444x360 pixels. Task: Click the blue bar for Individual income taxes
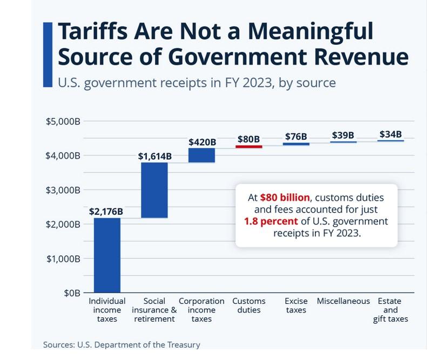click(107, 255)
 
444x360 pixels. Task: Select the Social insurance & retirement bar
click(154, 190)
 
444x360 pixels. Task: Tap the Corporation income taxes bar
click(201, 155)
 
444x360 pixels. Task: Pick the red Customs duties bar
click(249, 146)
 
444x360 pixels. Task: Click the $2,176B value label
click(106, 212)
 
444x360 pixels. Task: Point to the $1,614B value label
click(154, 156)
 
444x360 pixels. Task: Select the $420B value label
click(202, 142)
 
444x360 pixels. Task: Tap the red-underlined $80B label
click(248, 139)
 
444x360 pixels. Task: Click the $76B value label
click(296, 137)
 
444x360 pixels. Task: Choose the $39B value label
click(343, 135)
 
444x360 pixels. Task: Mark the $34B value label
click(390, 134)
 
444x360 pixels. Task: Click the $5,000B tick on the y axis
click(63, 121)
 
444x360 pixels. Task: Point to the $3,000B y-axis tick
click(63, 190)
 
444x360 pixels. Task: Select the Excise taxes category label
click(296, 305)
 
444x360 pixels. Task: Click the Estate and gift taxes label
click(390, 310)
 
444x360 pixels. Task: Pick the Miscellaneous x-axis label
click(343, 301)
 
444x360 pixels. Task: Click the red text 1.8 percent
click(271, 222)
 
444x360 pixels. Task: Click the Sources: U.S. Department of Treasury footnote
click(122, 344)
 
